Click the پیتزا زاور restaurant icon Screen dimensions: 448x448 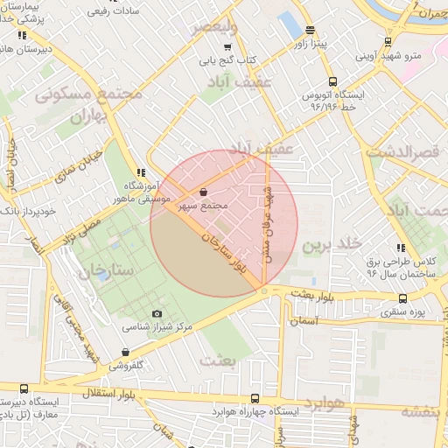tap(311, 29)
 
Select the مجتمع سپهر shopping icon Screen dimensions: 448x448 tap(204, 191)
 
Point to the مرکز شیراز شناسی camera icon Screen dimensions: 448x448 tap(157, 313)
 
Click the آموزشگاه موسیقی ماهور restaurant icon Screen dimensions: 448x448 tap(139, 172)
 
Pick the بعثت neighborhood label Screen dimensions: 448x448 tap(219, 359)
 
